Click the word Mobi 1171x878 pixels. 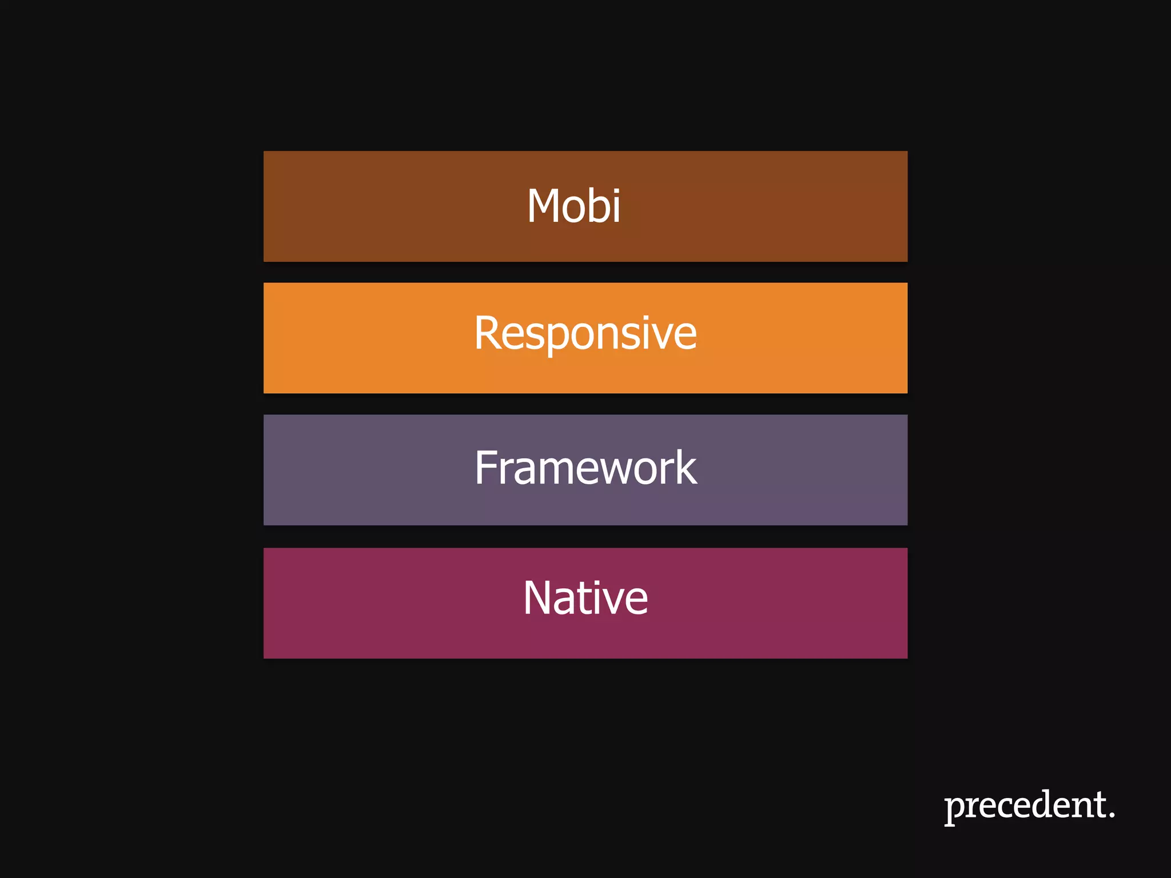(573, 206)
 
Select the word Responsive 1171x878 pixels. (585, 333)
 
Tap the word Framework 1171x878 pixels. (585, 468)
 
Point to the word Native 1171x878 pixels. (585, 598)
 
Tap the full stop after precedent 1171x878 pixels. (1112, 814)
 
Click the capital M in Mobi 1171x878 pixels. (543, 206)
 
